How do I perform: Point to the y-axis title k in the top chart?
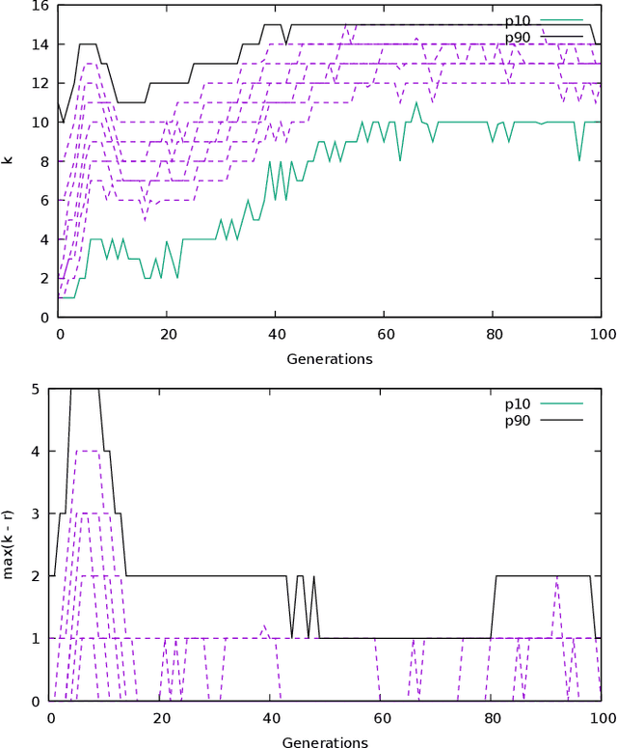click(x=9, y=160)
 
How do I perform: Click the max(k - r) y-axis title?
click(x=9, y=543)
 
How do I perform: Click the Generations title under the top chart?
click(x=330, y=359)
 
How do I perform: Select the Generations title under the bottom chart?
click(x=325, y=742)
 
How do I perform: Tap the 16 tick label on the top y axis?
click(x=40, y=6)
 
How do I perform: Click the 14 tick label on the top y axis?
click(x=40, y=44)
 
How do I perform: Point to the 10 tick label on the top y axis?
click(x=40, y=123)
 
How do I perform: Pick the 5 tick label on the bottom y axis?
click(x=36, y=389)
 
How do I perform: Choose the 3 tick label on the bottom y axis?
click(x=36, y=513)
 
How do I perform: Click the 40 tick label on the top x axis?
click(x=275, y=335)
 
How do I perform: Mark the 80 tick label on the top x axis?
click(x=493, y=335)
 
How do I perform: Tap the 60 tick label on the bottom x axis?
click(x=380, y=719)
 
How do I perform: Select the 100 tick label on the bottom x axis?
click(x=602, y=719)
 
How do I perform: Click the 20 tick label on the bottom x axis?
click(x=160, y=719)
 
